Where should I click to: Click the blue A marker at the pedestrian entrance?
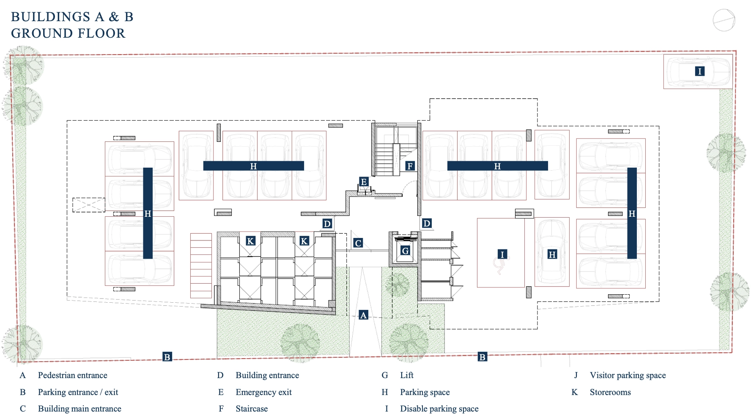click(x=363, y=315)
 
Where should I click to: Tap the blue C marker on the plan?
click(x=358, y=243)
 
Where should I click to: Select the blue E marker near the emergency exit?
click(x=363, y=182)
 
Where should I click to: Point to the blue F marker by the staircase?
click(x=409, y=166)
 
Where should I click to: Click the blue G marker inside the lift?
click(x=405, y=251)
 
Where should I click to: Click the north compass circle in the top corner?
click(x=724, y=20)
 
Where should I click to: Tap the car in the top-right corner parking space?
click(x=698, y=72)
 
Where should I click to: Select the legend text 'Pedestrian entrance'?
click(x=73, y=375)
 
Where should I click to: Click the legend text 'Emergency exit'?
click(x=264, y=392)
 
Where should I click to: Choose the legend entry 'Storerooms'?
click(x=610, y=392)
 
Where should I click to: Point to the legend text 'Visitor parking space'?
click(x=628, y=375)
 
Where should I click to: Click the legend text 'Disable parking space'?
click(x=439, y=409)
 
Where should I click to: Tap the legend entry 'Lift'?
click(x=407, y=375)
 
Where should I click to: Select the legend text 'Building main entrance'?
click(x=79, y=409)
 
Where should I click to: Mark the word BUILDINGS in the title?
click(x=50, y=17)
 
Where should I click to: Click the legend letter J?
click(x=576, y=375)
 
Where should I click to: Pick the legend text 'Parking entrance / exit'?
click(x=78, y=392)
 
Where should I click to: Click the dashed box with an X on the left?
click(x=89, y=205)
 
